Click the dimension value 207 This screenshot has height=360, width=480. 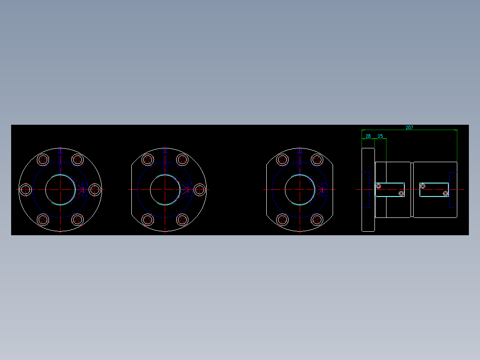point(409,127)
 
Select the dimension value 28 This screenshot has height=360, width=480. point(368,136)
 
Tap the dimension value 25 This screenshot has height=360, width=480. point(380,136)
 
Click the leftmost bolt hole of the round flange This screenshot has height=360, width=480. point(26,190)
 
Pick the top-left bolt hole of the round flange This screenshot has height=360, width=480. point(43,160)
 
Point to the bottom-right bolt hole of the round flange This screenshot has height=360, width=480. point(78,220)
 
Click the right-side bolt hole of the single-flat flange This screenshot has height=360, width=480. point(199,190)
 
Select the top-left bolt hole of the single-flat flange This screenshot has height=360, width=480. point(148,160)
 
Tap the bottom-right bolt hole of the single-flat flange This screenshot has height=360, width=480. point(182,220)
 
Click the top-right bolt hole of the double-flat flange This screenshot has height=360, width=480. point(317,160)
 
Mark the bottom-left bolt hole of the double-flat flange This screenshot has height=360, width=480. point(282,220)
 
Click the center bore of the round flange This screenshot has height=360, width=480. point(60,190)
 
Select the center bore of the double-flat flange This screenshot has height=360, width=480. point(300,190)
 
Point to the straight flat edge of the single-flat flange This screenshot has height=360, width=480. point(132,190)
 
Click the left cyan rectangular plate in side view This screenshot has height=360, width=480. point(390,189)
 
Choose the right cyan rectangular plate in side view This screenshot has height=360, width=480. point(434,189)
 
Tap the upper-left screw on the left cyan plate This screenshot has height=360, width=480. point(378,186)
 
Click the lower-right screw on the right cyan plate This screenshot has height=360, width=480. point(445,193)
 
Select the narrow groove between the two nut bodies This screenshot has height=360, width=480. point(412,190)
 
